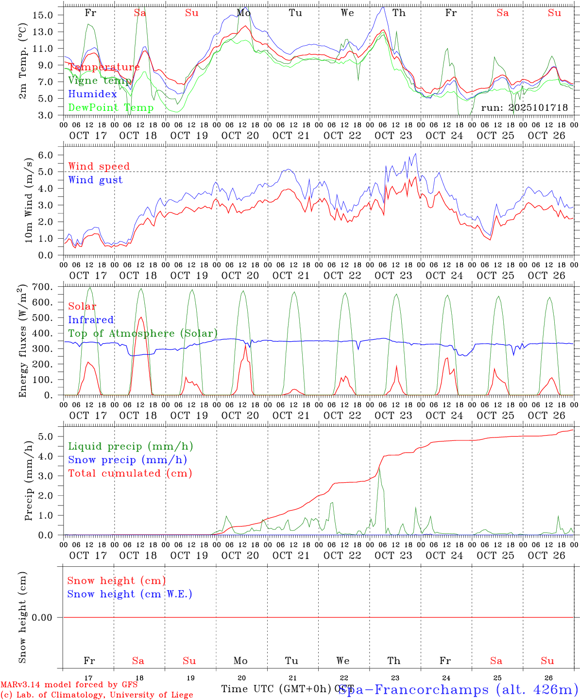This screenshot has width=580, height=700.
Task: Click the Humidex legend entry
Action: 92,94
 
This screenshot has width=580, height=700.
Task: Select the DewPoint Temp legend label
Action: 111,108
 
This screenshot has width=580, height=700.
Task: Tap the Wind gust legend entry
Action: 95,180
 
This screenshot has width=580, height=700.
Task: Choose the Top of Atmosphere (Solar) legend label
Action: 143,333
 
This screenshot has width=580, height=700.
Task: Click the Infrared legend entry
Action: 91,320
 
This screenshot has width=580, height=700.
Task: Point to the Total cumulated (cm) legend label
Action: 130,473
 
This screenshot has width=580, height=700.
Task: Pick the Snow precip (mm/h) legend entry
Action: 127,460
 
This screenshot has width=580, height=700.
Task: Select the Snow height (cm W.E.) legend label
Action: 130,594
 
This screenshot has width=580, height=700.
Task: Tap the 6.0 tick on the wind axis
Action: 48,155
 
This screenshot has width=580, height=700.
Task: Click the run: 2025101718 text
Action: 524,108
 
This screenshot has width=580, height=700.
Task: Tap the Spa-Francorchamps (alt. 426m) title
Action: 458,689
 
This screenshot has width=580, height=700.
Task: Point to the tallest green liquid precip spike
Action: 379,468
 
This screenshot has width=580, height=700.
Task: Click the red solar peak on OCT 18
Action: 140,317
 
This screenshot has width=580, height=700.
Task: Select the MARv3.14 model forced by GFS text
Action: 69,685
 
